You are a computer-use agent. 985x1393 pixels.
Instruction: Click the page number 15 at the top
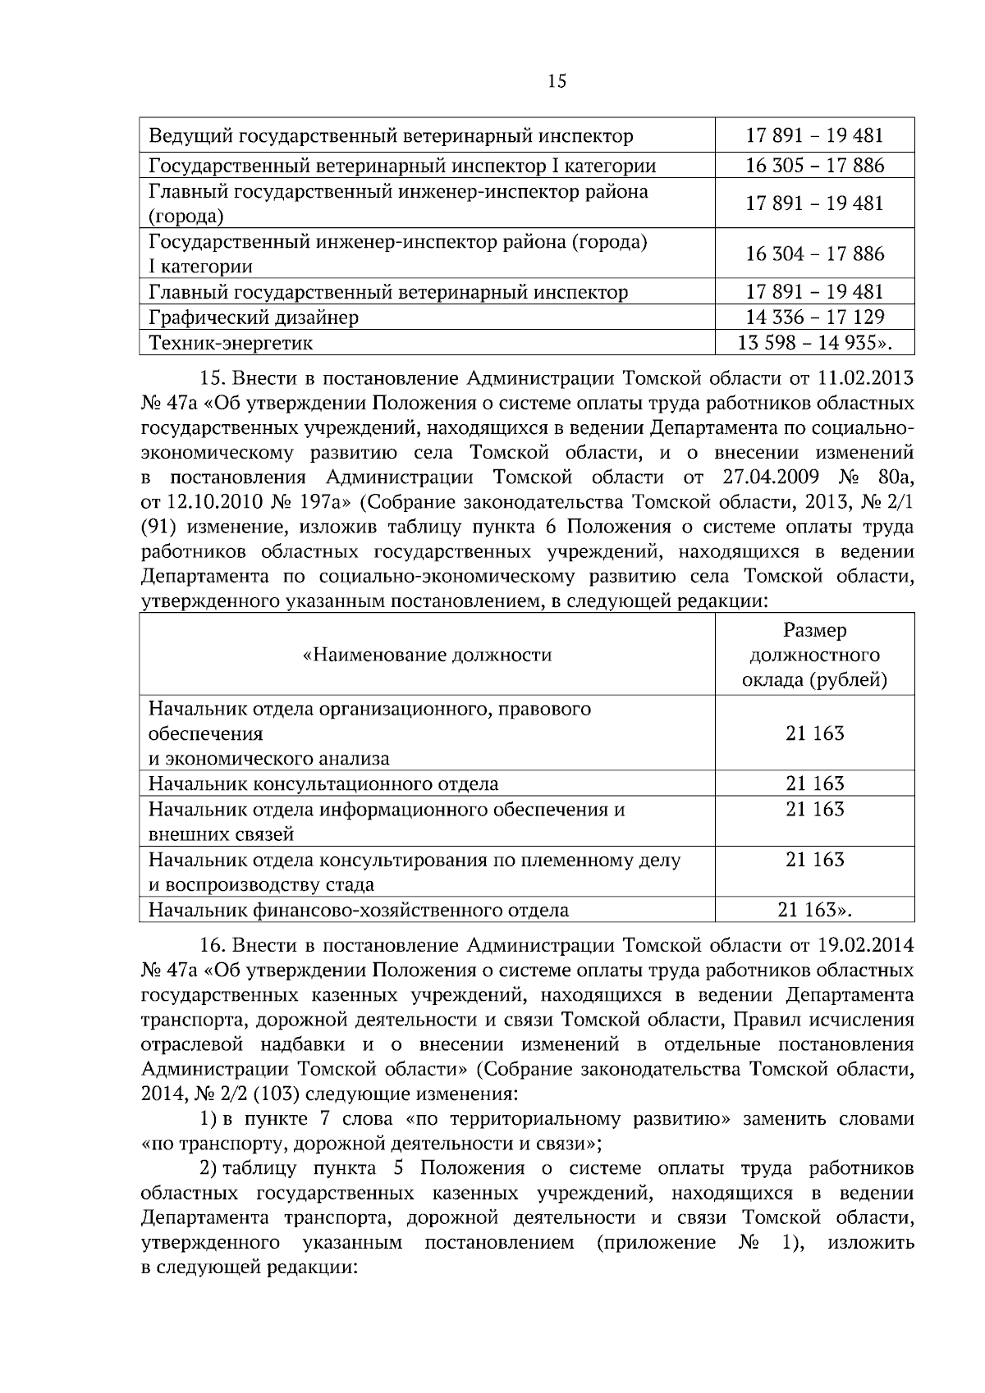(x=556, y=81)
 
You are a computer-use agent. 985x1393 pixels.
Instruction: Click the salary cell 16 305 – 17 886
(x=814, y=167)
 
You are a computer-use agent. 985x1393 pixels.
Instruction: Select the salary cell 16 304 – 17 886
(x=814, y=253)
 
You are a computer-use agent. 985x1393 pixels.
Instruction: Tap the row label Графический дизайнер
(x=253, y=317)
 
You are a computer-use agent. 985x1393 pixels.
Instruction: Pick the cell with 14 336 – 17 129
(x=814, y=317)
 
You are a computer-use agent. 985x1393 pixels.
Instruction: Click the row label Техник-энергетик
(x=230, y=343)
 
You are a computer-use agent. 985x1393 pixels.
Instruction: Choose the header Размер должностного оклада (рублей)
(x=814, y=655)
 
